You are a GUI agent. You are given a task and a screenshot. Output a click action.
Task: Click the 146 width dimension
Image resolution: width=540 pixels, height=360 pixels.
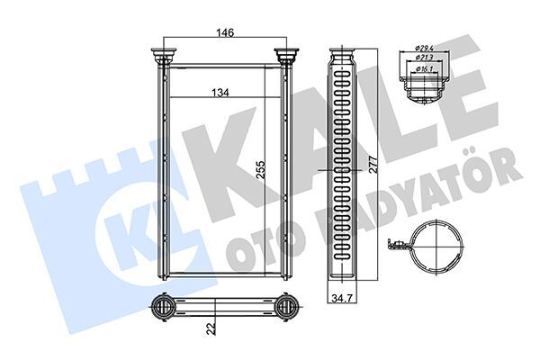[225, 33]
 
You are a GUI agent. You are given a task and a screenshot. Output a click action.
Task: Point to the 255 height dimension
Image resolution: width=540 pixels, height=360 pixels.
[260, 171]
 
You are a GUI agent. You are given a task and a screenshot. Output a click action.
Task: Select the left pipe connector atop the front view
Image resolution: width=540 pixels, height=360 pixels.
[164, 56]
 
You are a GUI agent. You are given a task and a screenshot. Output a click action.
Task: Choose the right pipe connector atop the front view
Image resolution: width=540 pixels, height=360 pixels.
[287, 56]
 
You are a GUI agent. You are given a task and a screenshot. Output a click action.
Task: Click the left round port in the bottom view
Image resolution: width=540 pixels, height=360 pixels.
[165, 308]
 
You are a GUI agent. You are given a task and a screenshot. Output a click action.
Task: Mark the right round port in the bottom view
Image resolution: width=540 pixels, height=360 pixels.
[287, 308]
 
